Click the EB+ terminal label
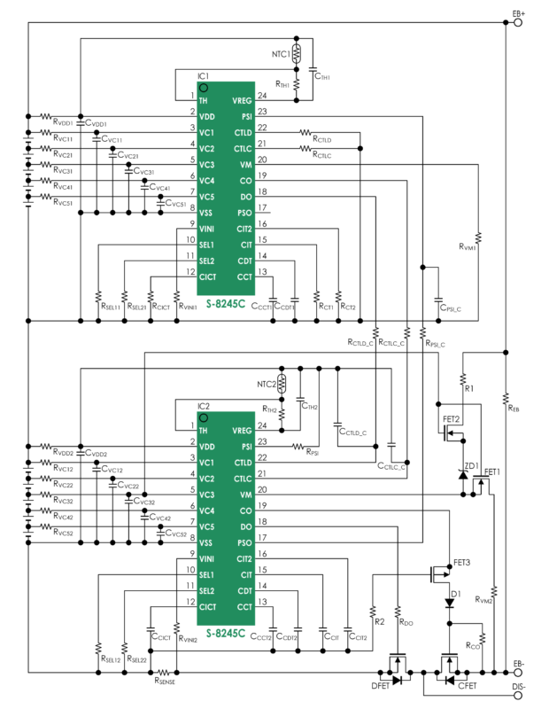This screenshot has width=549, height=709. [518, 12]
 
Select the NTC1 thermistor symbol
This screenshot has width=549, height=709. [297, 52]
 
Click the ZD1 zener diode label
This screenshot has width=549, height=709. [470, 465]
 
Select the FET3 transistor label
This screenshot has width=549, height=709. [462, 563]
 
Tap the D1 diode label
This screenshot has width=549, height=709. [456, 593]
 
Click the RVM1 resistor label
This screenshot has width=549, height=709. [468, 248]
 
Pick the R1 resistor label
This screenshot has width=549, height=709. [469, 387]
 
